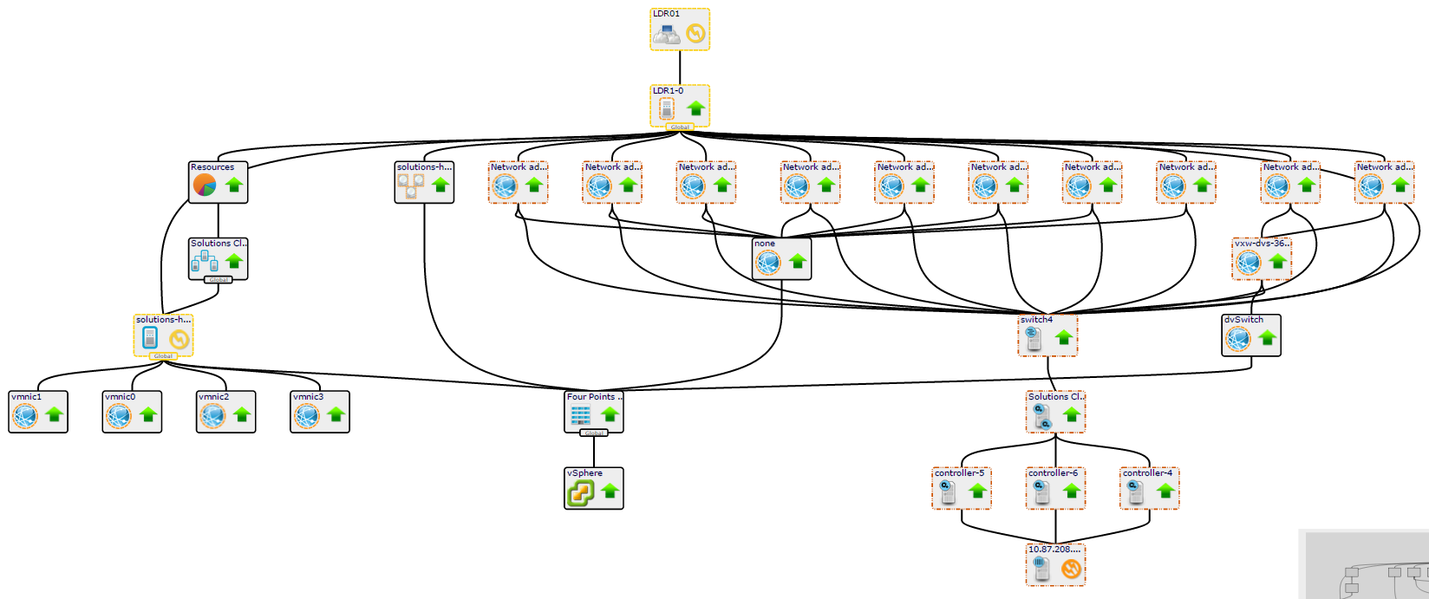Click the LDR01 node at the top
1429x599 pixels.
(680, 29)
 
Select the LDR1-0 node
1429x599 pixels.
(680, 106)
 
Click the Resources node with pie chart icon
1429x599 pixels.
(219, 182)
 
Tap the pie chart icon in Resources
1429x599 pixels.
(205, 186)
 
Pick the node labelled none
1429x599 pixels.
(782, 258)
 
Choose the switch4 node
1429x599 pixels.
(1048, 335)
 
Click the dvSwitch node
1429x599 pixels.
(1251, 335)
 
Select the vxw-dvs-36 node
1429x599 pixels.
(1262, 258)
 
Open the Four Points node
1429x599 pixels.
(594, 412)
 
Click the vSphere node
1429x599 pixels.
(594, 488)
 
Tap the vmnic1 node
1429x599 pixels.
(38, 412)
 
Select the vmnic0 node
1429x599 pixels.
(132, 412)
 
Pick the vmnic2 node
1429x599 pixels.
(226, 412)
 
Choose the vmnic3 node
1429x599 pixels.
(320, 412)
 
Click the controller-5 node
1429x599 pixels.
(962, 488)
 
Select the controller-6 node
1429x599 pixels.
(1055, 488)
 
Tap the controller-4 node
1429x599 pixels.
(1150, 488)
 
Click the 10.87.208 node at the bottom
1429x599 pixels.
(1055, 564)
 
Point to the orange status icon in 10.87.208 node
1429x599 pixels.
(1073, 569)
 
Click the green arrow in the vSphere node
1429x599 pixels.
(610, 492)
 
